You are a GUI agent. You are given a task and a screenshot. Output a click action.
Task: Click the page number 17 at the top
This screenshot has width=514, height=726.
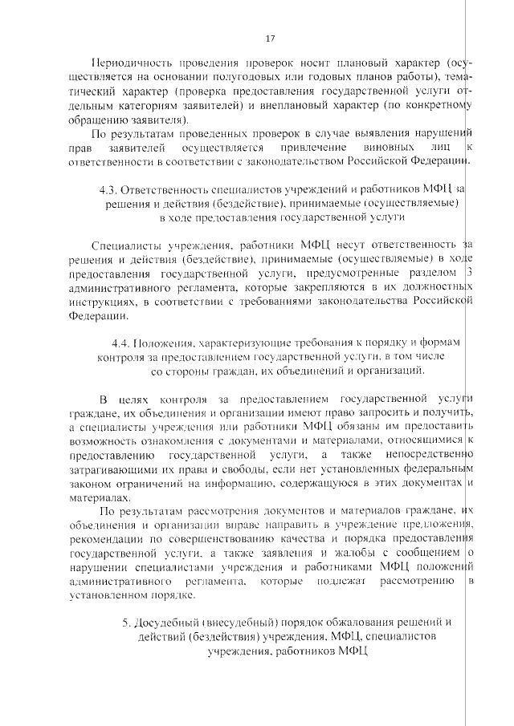[x=270, y=38]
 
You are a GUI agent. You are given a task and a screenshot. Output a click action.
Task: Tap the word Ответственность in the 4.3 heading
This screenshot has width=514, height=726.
[x=165, y=189]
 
